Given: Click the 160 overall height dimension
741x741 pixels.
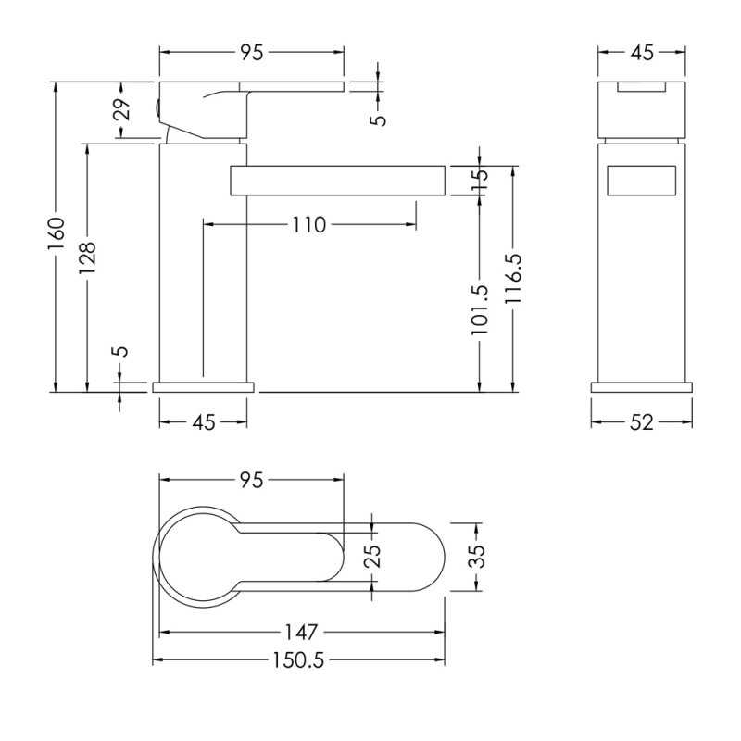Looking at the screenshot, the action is coord(57,235).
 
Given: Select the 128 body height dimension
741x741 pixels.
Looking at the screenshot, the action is coord(87,257).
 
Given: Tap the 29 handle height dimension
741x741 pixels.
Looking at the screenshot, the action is coord(122,109).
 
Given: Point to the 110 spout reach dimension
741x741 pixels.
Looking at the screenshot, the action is coord(309,225).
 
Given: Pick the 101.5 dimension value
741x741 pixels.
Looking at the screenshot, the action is coord(480,310).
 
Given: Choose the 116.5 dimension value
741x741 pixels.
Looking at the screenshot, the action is coord(513,279).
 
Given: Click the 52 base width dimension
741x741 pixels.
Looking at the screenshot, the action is coord(642,422).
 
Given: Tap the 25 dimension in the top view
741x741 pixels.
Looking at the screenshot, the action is coord(372,557).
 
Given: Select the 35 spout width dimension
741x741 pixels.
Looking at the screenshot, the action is coord(478,557).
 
